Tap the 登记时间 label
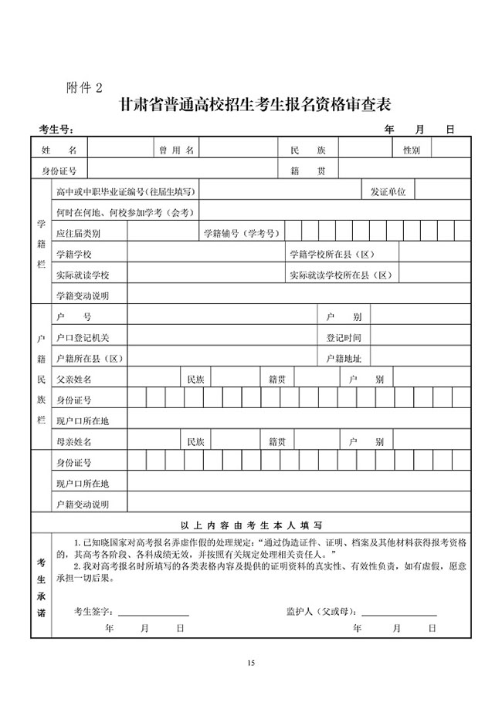(x=344, y=338)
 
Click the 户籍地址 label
(x=344, y=359)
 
